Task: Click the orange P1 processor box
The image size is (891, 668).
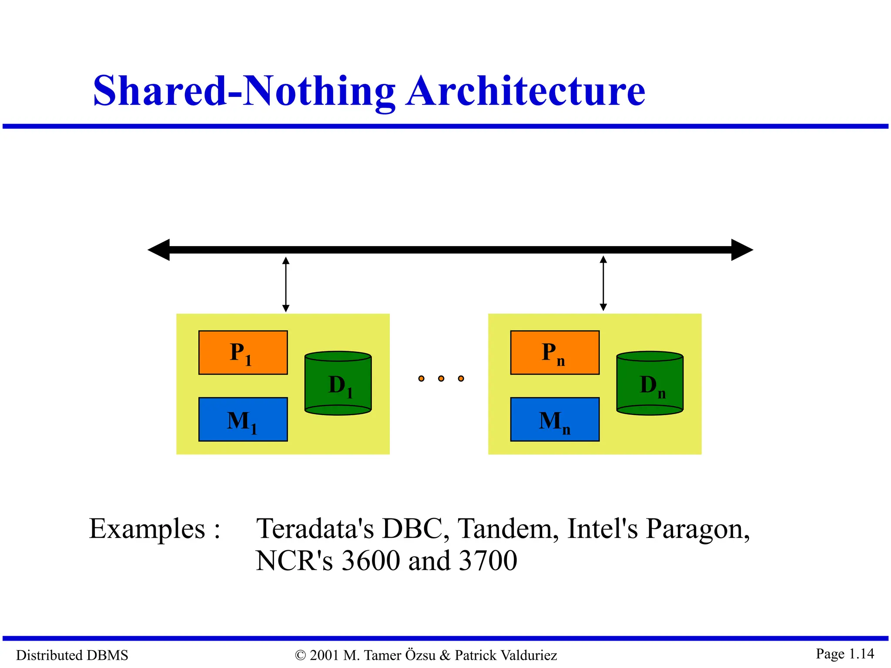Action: point(243,352)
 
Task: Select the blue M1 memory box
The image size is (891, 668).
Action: point(243,419)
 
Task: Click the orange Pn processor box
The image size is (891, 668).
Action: point(555,352)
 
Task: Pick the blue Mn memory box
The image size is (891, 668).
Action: point(555,419)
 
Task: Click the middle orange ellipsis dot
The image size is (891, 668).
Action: point(441,378)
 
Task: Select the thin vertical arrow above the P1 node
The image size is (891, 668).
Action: point(286,284)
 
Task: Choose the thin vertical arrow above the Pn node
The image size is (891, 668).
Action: point(603,284)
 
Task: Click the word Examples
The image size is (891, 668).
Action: point(147,529)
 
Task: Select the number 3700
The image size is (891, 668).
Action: point(488,561)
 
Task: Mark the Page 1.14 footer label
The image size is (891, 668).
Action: point(844,654)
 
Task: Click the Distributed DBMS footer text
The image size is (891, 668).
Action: point(72,655)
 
